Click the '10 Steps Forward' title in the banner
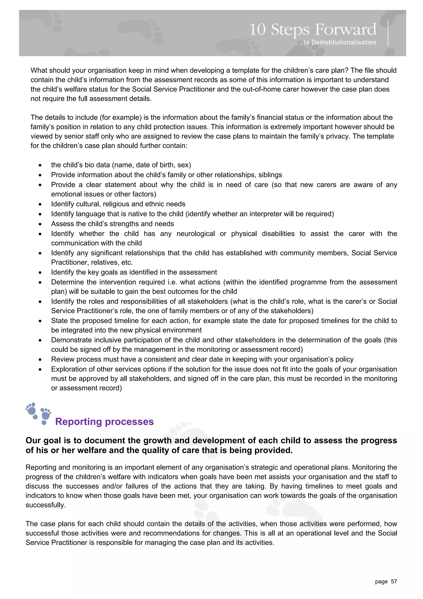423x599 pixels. tap(312, 30)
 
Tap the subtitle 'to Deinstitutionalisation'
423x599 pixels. tap(340, 42)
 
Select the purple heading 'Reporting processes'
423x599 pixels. tap(104, 422)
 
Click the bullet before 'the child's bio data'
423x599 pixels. tap(40, 165)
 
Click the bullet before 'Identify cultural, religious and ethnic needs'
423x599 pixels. tap(40, 204)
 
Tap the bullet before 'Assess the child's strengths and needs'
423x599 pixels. tap(40, 224)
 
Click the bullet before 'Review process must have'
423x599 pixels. tap(40, 360)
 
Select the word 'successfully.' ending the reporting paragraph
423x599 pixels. tap(46, 505)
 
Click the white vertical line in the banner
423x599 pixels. tap(388, 33)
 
